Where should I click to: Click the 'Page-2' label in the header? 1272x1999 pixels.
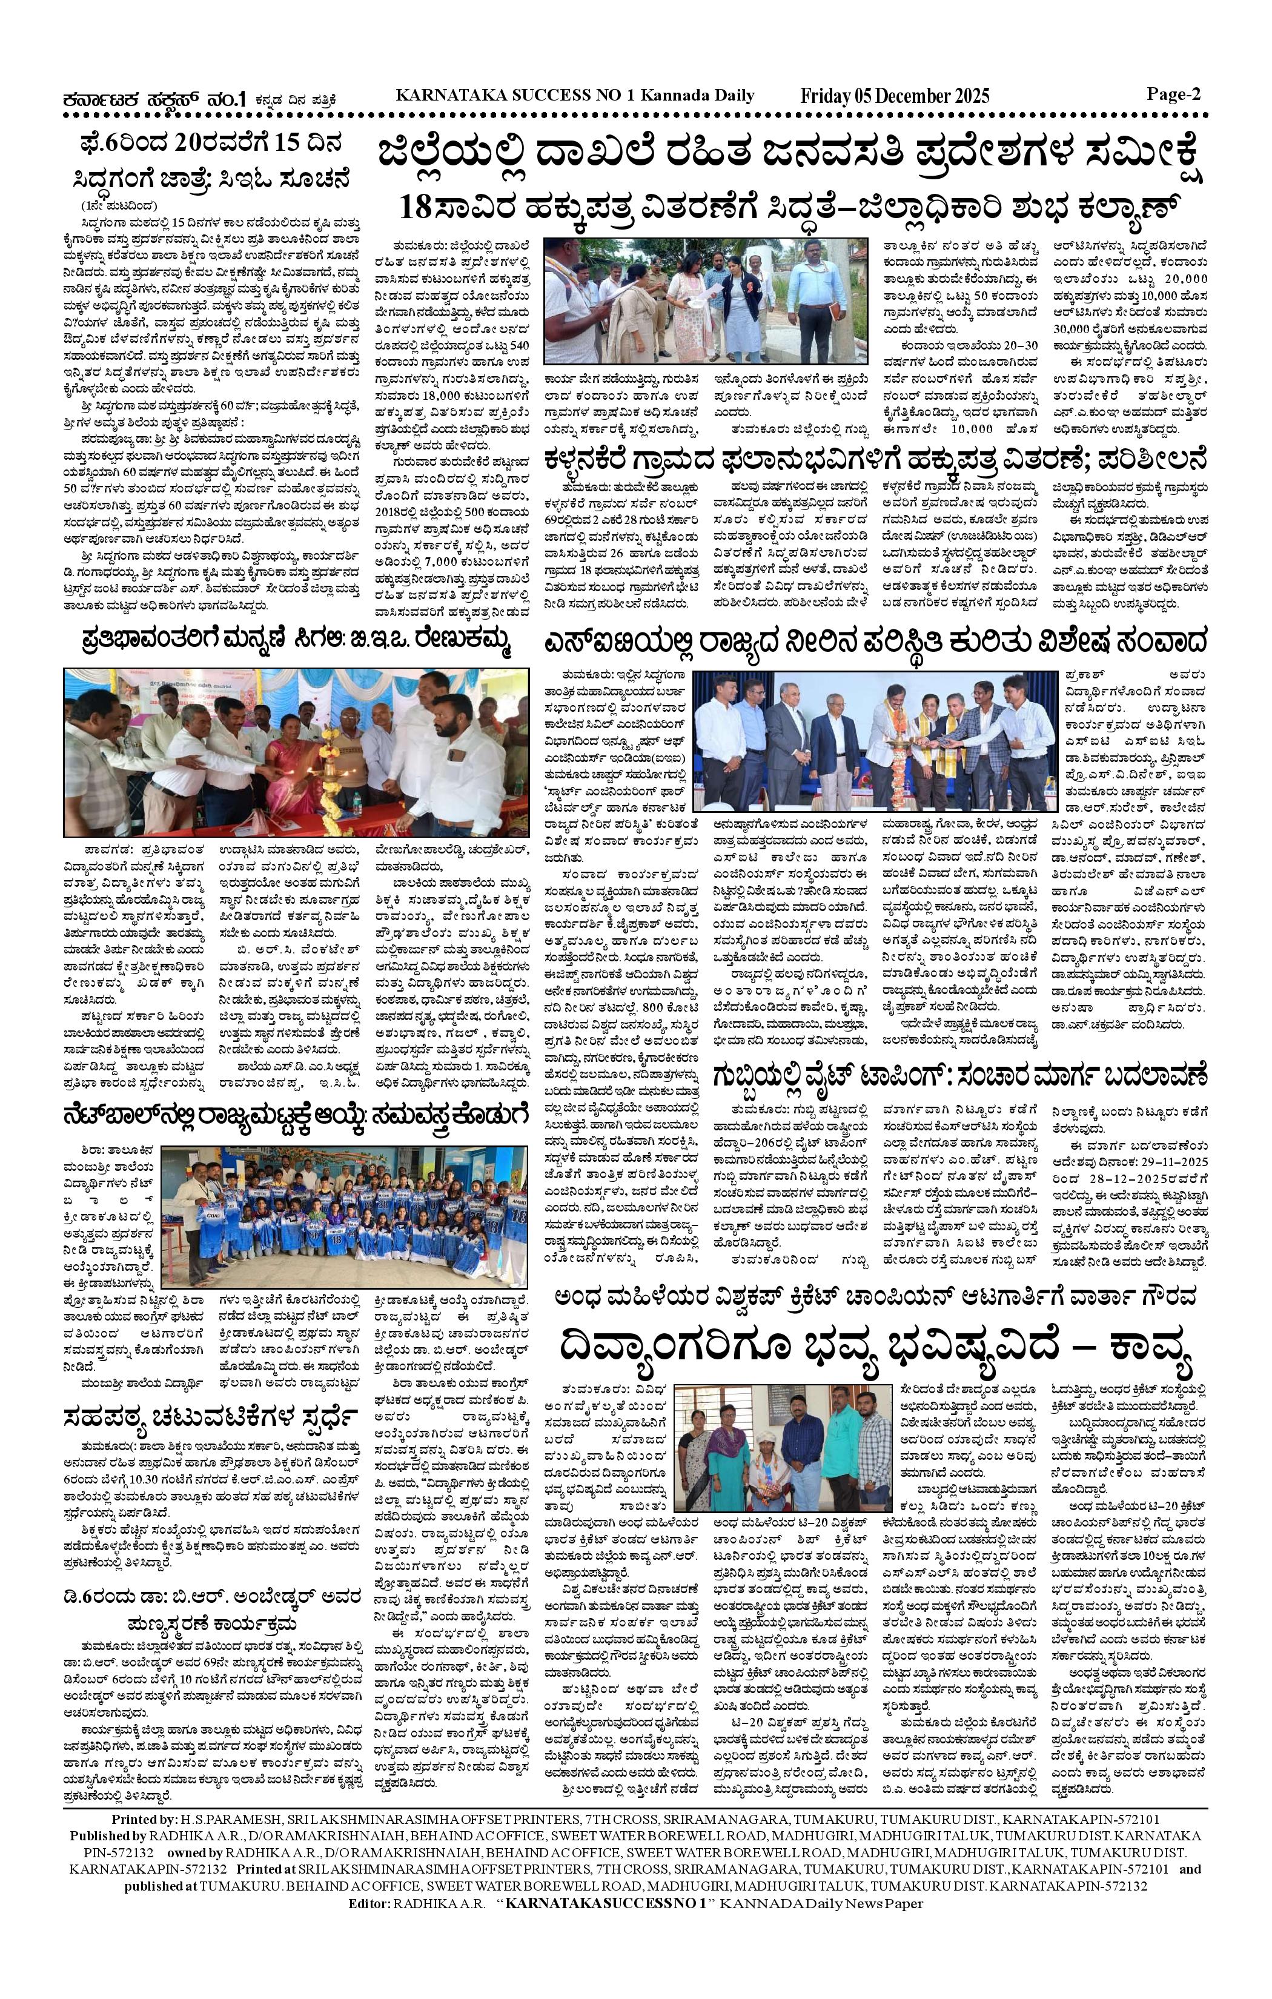[x=1174, y=94]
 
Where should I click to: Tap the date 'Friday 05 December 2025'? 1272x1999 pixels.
[x=894, y=96]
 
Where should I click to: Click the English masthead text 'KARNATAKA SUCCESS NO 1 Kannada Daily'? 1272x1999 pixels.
[x=575, y=96]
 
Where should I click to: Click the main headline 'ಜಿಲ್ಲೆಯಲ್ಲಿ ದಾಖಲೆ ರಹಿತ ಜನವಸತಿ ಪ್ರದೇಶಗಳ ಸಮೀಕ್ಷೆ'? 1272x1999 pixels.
[x=790, y=157]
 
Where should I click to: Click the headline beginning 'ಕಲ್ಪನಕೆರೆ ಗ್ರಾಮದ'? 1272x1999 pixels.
[x=874, y=457]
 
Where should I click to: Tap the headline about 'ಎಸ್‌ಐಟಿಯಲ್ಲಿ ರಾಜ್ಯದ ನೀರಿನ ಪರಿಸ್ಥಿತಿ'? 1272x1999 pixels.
[x=874, y=641]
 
